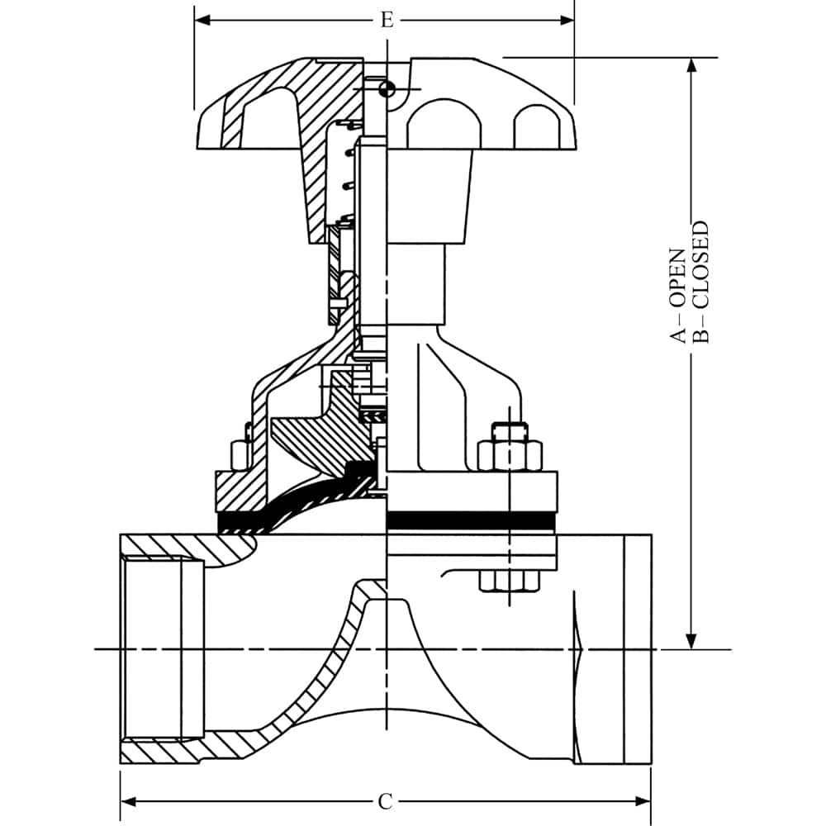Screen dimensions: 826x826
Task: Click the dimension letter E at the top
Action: tap(387, 20)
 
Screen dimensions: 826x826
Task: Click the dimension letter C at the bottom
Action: tap(385, 802)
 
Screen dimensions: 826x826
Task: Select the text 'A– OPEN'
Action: tap(678, 296)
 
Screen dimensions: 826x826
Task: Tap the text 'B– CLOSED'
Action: tap(700, 282)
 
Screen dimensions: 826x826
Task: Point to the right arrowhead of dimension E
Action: tap(567, 21)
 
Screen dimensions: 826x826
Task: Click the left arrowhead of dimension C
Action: tap(128, 802)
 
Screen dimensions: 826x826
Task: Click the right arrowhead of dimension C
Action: tap(643, 802)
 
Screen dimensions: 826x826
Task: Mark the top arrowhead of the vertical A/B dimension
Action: tap(692, 65)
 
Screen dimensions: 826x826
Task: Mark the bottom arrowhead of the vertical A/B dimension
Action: tap(692, 641)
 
